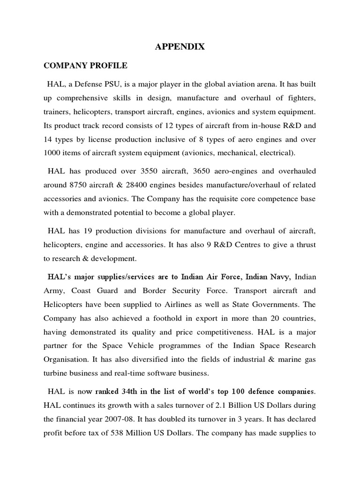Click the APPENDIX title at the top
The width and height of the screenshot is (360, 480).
coord(180,47)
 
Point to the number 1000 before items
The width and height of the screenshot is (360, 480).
coord(54,153)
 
